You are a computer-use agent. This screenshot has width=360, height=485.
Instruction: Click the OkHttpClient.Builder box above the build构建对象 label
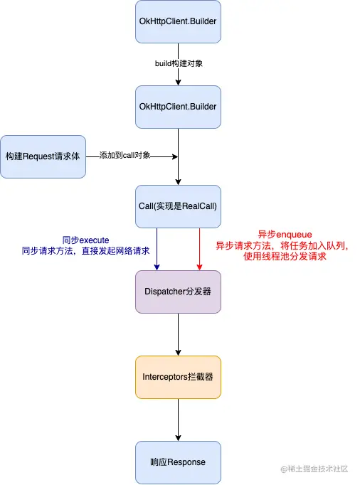point(178,21)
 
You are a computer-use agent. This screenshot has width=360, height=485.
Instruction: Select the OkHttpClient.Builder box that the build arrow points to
point(178,107)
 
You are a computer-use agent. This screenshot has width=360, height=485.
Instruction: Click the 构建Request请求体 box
point(43,156)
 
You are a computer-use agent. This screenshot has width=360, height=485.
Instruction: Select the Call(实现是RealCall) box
point(178,206)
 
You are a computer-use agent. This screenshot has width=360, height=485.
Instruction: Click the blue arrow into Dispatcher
point(157,249)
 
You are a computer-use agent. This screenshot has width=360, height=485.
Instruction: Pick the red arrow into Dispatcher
point(200,249)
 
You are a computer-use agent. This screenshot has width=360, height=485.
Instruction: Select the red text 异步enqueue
point(284,234)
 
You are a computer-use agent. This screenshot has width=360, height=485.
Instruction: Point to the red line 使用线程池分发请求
point(284,256)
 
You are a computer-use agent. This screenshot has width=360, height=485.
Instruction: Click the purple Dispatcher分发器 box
point(178,292)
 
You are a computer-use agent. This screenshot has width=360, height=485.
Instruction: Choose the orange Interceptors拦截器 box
point(178,377)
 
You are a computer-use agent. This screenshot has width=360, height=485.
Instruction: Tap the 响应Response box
point(178,462)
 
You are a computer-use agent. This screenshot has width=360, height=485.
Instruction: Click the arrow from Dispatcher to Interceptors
point(178,334)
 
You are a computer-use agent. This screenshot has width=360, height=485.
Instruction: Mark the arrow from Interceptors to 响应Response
point(178,420)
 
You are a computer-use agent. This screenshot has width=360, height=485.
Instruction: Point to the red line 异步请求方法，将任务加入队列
point(284,245)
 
